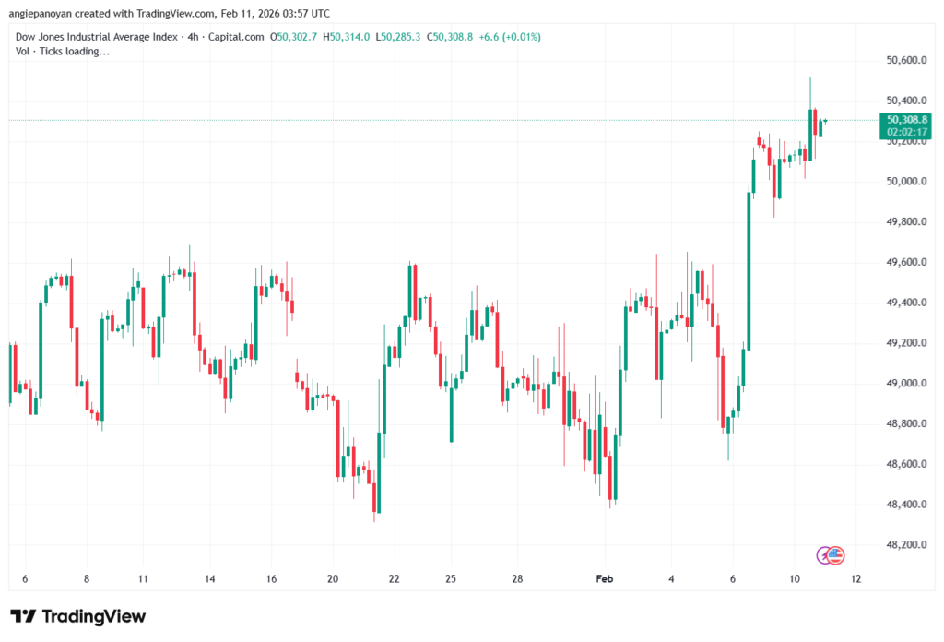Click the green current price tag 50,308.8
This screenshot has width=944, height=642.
907,119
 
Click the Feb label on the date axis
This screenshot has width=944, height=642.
605,578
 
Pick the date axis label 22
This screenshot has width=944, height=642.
395,578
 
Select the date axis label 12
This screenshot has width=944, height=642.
856,578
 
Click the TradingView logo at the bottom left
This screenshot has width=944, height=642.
77,616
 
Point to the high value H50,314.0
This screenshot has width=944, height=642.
349,37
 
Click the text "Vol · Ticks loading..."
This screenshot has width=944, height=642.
63,51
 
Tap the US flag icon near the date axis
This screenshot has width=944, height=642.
835,554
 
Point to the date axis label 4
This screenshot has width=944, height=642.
672,578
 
